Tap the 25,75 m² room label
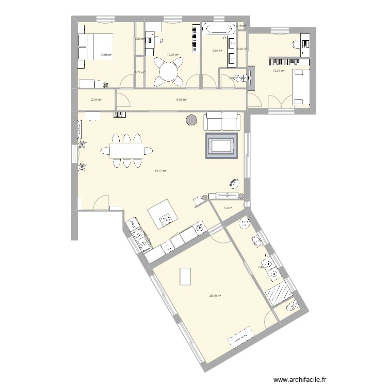coord(215,296)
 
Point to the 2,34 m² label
coord(96,100)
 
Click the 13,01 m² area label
coord(279,71)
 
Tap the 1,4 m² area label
coord(228,208)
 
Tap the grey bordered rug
coord(221,145)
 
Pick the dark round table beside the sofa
coord(191,121)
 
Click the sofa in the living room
coord(222,121)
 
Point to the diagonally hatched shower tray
coord(279,294)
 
